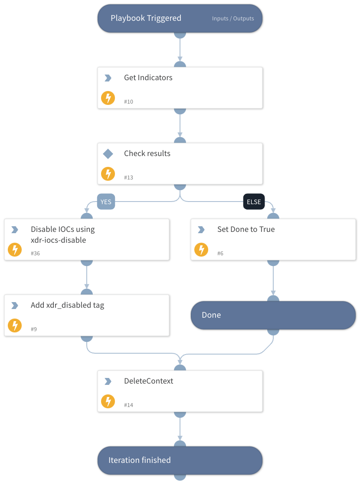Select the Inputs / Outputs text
pyautogui.click(x=233, y=19)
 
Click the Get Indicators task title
pyautogui.click(x=148, y=78)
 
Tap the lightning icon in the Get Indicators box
pyautogui.click(x=108, y=98)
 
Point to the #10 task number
pyautogui.click(x=128, y=102)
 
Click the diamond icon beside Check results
pyautogui.click(x=108, y=153)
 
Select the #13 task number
pyautogui.click(x=128, y=178)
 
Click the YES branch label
pyautogui.click(x=106, y=202)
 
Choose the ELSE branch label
pyautogui.click(x=254, y=202)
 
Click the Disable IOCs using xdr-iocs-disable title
pyautogui.click(x=62, y=234)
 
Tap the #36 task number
pyautogui.click(x=35, y=254)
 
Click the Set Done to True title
pyautogui.click(x=245, y=229)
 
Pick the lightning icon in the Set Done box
pyautogui.click(x=201, y=250)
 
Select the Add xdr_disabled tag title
pyautogui.click(x=67, y=305)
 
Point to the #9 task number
pyautogui.click(x=34, y=329)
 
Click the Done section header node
pyautogui.click(x=273, y=315)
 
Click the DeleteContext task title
pyautogui.click(x=148, y=381)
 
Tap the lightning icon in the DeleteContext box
pyautogui.click(x=108, y=401)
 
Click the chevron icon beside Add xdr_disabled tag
pyautogui.click(x=15, y=306)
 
